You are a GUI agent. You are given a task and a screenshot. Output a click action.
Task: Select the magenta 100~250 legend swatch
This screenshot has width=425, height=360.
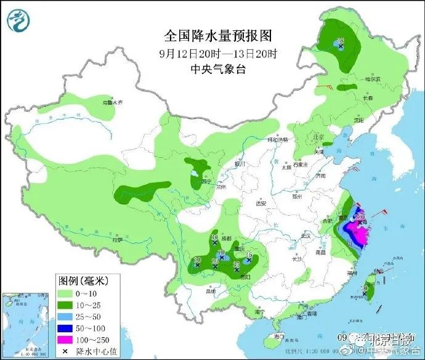point(65,339)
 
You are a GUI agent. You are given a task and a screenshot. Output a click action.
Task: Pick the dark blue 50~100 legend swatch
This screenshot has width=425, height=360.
point(65,327)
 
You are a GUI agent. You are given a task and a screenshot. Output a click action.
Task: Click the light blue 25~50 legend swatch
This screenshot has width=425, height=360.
point(65,316)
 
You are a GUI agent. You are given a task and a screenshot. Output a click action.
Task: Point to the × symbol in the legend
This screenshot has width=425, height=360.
point(65,351)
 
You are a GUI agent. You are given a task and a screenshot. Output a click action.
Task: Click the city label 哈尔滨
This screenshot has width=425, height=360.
point(372,80)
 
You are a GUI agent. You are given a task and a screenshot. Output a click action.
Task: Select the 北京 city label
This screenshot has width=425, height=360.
point(318,137)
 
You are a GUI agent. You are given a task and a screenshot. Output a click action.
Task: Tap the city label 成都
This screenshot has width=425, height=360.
point(229,237)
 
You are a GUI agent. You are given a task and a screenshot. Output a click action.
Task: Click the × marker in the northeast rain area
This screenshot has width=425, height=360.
point(340,45)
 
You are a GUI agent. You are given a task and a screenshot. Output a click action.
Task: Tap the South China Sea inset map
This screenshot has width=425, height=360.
point(25,321)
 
